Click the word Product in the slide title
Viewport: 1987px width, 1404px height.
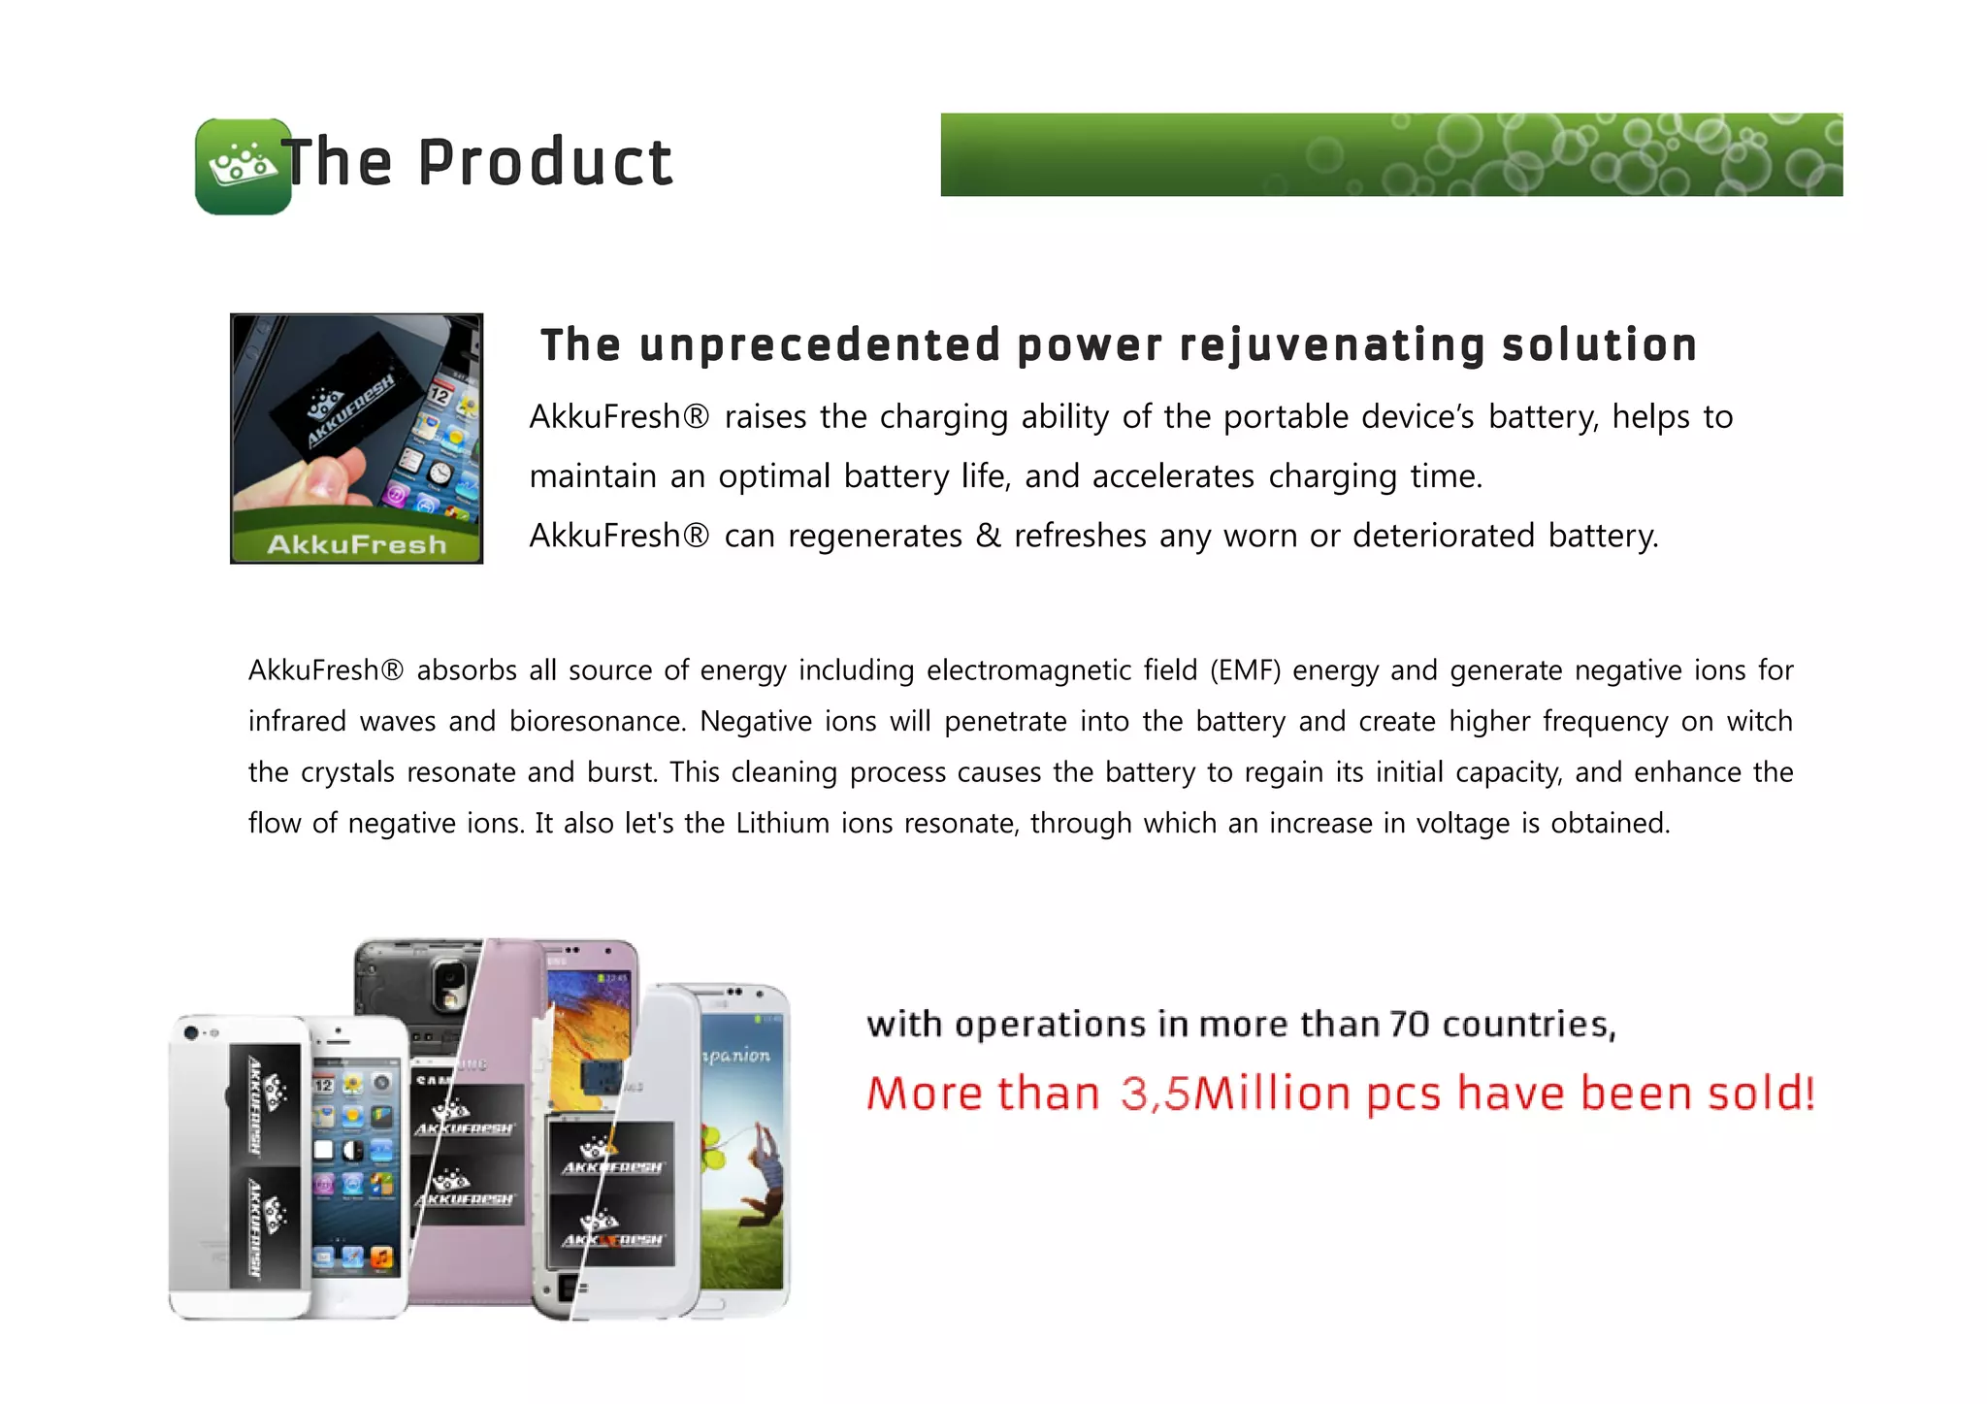[x=544, y=162]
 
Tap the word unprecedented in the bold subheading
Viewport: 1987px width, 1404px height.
[x=820, y=345]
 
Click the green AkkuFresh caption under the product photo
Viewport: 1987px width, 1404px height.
[x=356, y=544]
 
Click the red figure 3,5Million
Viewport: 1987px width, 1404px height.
[x=1234, y=1094]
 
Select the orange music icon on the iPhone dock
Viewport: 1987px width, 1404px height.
[x=382, y=1258]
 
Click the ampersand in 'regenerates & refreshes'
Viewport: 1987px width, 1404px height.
[x=988, y=536]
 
